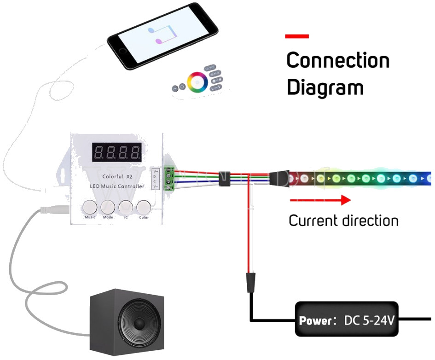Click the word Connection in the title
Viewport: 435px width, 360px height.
point(337,60)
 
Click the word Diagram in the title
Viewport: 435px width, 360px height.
point(325,87)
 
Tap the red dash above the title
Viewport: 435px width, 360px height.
point(297,36)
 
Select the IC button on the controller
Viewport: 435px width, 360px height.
point(126,206)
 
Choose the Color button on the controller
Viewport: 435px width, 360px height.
point(144,206)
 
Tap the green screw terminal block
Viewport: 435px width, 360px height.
point(170,178)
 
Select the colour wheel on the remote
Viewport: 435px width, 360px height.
point(197,81)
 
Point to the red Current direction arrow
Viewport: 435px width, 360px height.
point(320,200)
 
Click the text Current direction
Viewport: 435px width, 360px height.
point(343,221)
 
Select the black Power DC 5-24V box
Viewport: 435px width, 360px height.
point(346,319)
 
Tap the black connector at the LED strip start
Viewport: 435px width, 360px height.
point(279,178)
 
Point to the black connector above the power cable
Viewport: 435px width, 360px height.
point(250,282)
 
